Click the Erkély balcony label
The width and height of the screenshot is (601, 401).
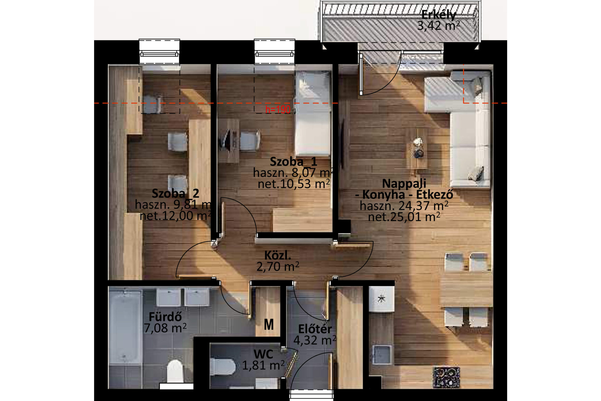point(438,15)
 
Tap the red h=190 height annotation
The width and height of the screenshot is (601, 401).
point(278,110)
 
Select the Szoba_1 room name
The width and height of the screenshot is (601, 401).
point(293,162)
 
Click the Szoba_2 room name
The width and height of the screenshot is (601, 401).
point(175,193)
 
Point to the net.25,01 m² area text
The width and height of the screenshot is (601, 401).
point(404,217)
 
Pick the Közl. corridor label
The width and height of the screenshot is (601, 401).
point(278,255)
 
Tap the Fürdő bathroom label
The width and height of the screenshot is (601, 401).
point(165,317)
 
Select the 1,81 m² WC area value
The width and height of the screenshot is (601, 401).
point(263,366)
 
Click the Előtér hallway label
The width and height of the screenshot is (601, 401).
point(315,329)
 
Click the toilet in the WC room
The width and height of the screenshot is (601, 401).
point(223,367)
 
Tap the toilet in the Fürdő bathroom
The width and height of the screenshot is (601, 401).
point(175,371)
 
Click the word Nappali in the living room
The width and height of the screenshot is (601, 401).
point(404,183)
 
